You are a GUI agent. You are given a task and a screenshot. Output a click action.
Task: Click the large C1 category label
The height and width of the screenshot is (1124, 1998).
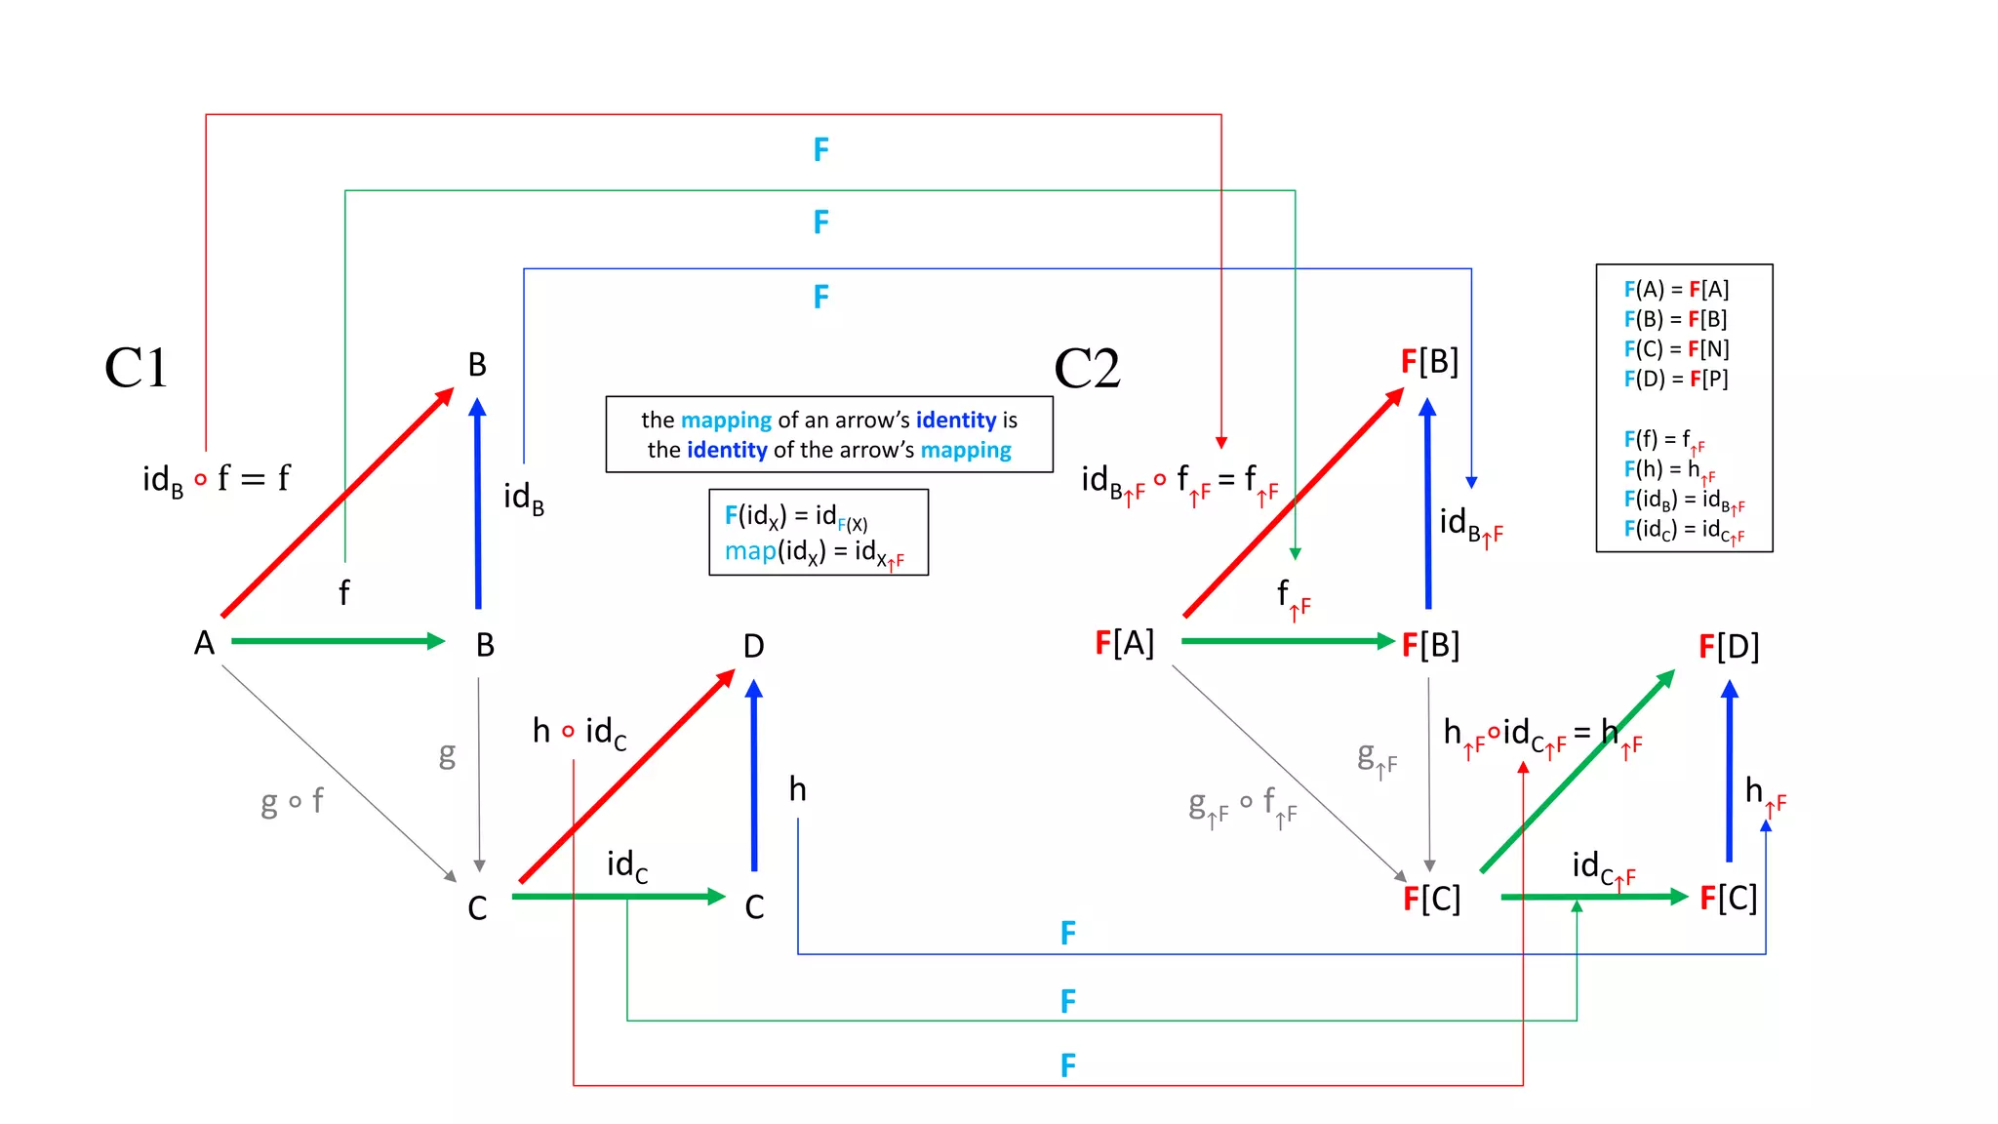tap(136, 369)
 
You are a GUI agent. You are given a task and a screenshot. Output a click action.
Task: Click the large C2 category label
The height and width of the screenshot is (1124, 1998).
tap(1087, 369)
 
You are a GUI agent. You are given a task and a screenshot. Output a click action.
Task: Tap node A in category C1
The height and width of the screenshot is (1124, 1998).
tap(204, 643)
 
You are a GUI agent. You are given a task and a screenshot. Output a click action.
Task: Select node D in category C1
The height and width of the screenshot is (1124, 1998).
tap(753, 646)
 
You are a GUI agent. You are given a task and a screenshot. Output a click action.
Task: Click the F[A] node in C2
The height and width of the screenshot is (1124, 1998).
tap(1124, 643)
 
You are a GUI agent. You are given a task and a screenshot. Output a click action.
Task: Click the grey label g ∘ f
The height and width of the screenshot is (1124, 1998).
tap(292, 802)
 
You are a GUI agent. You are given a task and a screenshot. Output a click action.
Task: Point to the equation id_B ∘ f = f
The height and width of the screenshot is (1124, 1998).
tap(216, 479)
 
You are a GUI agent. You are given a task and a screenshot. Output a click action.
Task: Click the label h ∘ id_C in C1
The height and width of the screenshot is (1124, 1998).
tap(579, 732)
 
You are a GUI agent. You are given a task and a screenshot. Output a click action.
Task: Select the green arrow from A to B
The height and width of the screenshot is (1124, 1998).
tap(337, 641)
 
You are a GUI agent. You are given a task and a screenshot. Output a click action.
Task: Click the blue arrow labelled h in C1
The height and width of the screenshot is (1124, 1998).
tap(753, 776)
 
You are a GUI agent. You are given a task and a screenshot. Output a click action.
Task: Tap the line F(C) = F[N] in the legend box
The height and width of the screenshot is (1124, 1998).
tap(1675, 349)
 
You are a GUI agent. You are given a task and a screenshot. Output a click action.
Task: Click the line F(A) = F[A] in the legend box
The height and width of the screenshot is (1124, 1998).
tap(1675, 290)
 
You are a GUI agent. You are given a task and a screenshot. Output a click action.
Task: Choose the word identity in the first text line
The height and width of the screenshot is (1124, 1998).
tap(955, 420)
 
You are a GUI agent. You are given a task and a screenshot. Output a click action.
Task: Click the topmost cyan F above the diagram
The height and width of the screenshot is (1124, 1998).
tap(821, 149)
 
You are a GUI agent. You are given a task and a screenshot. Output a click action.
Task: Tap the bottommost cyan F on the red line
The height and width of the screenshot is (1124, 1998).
tap(1068, 1065)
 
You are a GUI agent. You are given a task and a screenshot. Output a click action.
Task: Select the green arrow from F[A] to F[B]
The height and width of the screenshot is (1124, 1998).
tap(1288, 641)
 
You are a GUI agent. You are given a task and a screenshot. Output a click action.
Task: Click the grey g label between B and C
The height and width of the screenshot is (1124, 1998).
tap(447, 753)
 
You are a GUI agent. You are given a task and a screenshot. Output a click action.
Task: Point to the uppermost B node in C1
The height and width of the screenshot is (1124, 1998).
tap(477, 365)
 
